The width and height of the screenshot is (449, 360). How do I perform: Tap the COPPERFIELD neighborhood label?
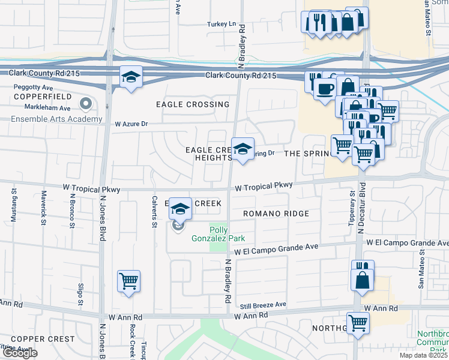(38, 97)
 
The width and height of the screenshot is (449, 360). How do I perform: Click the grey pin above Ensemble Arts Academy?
(85, 104)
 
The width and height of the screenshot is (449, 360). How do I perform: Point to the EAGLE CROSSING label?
(192, 104)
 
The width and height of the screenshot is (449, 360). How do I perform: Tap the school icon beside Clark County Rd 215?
(131, 77)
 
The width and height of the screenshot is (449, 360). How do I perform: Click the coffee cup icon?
(325, 89)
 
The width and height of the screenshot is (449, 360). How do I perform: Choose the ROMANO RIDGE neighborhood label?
(276, 214)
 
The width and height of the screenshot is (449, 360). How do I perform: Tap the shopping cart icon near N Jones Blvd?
(129, 281)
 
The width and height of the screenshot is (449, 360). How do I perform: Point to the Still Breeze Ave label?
(263, 305)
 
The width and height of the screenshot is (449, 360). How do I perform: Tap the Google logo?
(20, 352)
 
